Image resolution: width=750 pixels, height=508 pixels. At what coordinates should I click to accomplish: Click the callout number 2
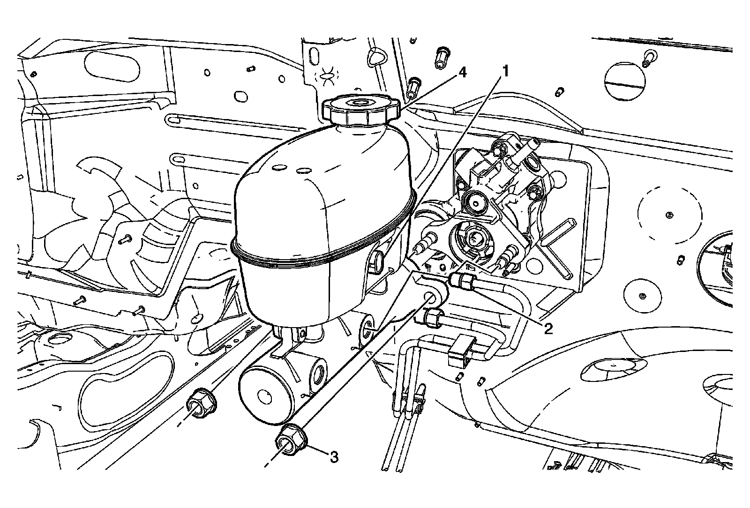click(x=547, y=328)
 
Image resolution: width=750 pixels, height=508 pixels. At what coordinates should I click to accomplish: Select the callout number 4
click(x=462, y=73)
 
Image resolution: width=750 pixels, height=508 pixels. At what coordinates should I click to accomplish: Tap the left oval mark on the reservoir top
click(x=280, y=167)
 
